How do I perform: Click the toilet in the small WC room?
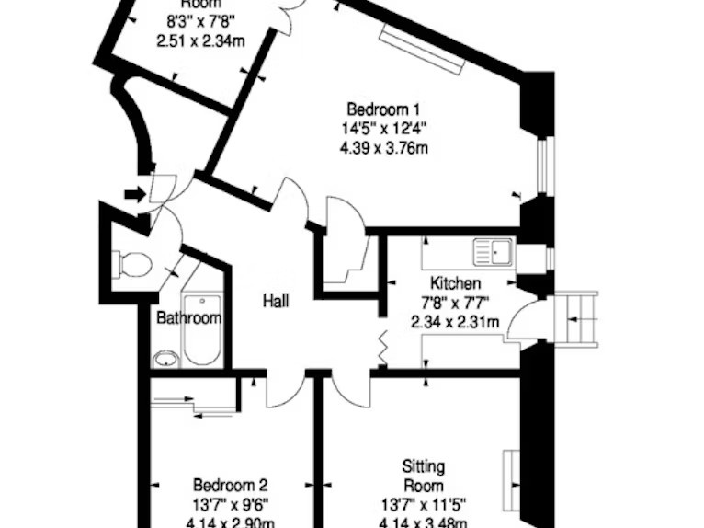click(x=134, y=264)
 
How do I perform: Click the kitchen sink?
click(x=494, y=251)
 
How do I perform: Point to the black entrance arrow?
click(x=135, y=194)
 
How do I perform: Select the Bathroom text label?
click(x=188, y=318)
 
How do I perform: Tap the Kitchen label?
click(x=455, y=284)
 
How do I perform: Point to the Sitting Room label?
click(x=423, y=476)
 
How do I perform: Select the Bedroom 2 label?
click(x=231, y=485)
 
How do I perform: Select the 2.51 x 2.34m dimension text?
click(x=199, y=40)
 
